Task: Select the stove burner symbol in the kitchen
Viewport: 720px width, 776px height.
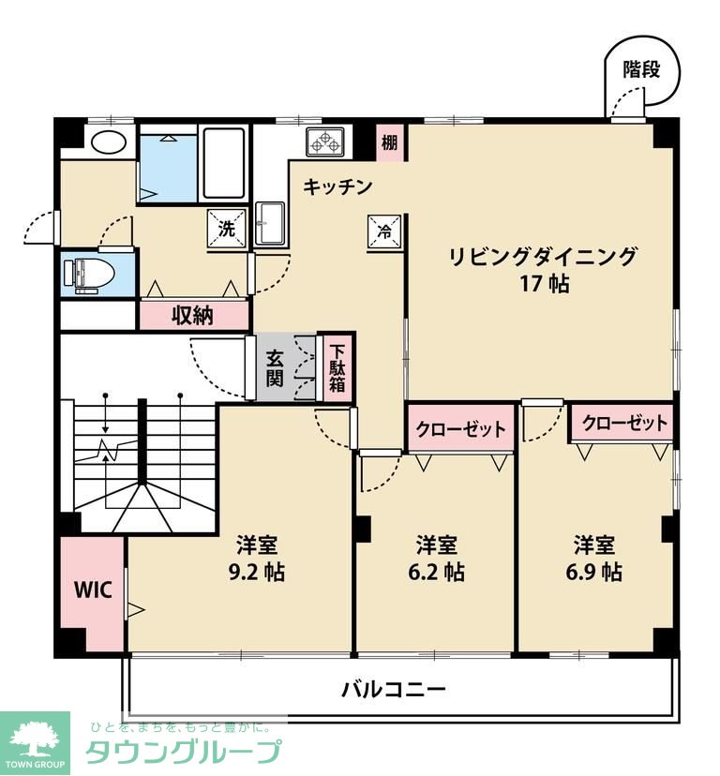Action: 325,143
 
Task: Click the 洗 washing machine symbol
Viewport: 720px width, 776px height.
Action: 227,228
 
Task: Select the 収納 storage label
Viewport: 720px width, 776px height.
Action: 192,316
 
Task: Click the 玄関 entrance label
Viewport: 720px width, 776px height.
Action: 274,368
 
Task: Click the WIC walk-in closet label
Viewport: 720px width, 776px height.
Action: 93,589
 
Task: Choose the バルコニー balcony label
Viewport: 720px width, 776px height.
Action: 393,691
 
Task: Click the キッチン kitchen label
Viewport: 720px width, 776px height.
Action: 337,187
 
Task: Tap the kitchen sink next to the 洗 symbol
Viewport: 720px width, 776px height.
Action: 270,223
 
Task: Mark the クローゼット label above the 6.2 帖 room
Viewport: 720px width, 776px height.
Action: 460,429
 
